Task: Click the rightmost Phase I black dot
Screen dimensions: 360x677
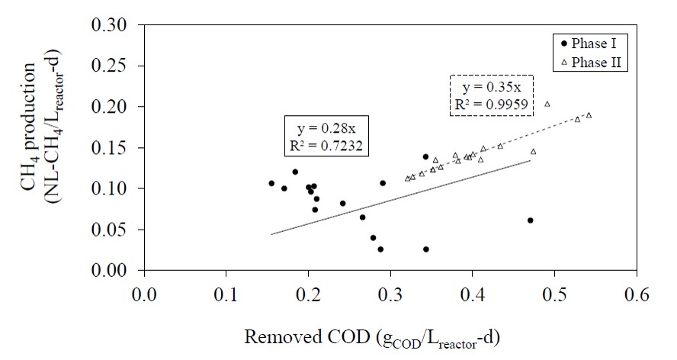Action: pyautogui.click(x=531, y=220)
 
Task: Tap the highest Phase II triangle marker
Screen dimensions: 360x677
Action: pyautogui.click(x=547, y=104)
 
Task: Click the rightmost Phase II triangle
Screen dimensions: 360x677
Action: pyautogui.click(x=589, y=115)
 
